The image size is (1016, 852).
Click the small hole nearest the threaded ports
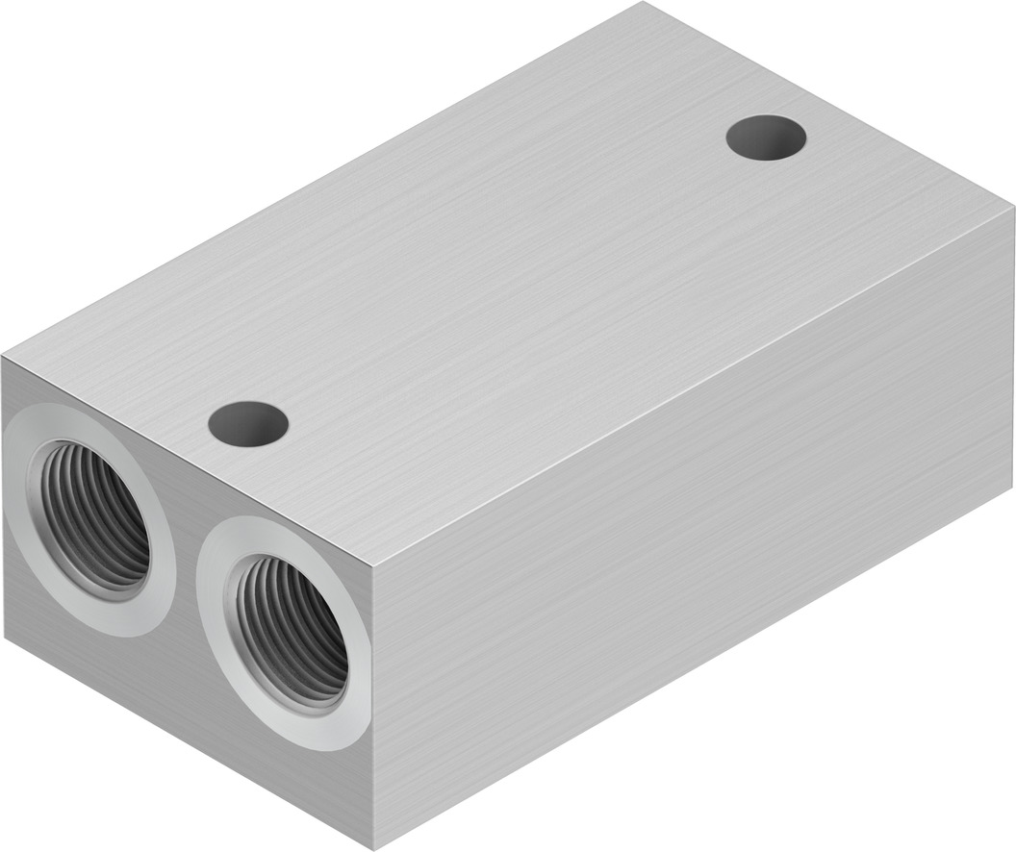[248, 424]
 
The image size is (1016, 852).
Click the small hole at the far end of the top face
[766, 138]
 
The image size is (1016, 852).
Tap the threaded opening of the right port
[291, 631]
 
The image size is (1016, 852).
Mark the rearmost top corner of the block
[641, 4]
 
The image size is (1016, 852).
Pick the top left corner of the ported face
[3, 357]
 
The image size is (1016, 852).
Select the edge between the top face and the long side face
[693, 385]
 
